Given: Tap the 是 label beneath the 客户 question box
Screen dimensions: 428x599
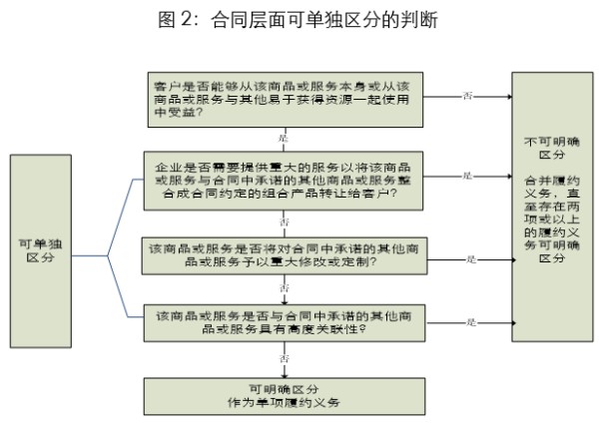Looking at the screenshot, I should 284,137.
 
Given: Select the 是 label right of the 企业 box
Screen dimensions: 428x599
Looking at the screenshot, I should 466,176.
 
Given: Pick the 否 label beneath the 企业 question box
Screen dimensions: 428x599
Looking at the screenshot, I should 285,218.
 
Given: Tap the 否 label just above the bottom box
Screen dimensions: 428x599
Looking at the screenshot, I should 285,356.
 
